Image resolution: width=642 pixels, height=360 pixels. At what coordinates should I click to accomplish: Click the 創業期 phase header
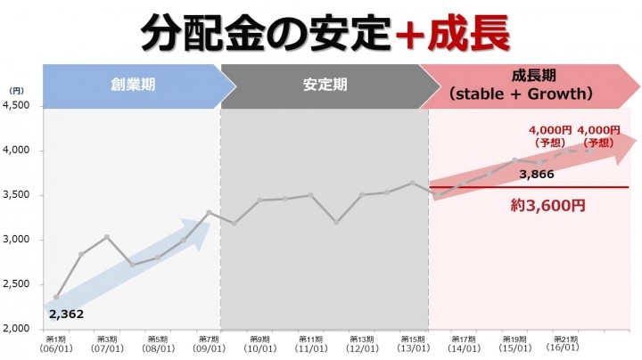coord(130,86)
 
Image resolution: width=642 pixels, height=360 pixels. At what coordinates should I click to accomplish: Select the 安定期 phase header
coord(324,86)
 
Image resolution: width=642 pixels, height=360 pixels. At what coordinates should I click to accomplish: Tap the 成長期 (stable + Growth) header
coord(522,85)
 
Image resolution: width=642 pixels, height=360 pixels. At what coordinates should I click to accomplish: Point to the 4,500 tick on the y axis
coord(17,106)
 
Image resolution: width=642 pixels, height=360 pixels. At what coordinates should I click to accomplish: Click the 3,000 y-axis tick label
coord(17,240)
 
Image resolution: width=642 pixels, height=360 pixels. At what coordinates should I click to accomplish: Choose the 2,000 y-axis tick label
coord(17,329)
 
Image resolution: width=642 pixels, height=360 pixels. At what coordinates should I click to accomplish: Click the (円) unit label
coord(16,90)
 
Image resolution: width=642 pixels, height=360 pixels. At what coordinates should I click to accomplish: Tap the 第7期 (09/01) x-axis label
coord(209,344)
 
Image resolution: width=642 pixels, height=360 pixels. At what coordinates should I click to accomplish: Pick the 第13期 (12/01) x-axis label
coord(362,344)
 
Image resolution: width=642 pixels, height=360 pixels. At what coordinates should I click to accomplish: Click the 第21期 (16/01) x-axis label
coord(566,344)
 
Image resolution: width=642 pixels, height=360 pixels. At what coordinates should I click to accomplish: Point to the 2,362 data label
coord(64,314)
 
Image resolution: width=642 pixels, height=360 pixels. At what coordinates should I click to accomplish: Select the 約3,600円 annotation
coord(549,205)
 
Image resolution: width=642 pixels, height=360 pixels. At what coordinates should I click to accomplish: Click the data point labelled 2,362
coord(56,297)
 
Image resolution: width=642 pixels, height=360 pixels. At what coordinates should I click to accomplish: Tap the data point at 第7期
coord(209,212)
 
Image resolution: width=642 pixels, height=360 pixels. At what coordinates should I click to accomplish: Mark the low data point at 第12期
coord(336,222)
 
